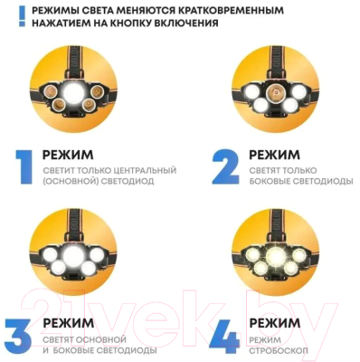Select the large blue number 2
tap(224, 165)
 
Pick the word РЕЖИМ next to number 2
tap(275, 155)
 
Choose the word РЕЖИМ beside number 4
tap(275, 323)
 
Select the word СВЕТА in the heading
tap(115, 11)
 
